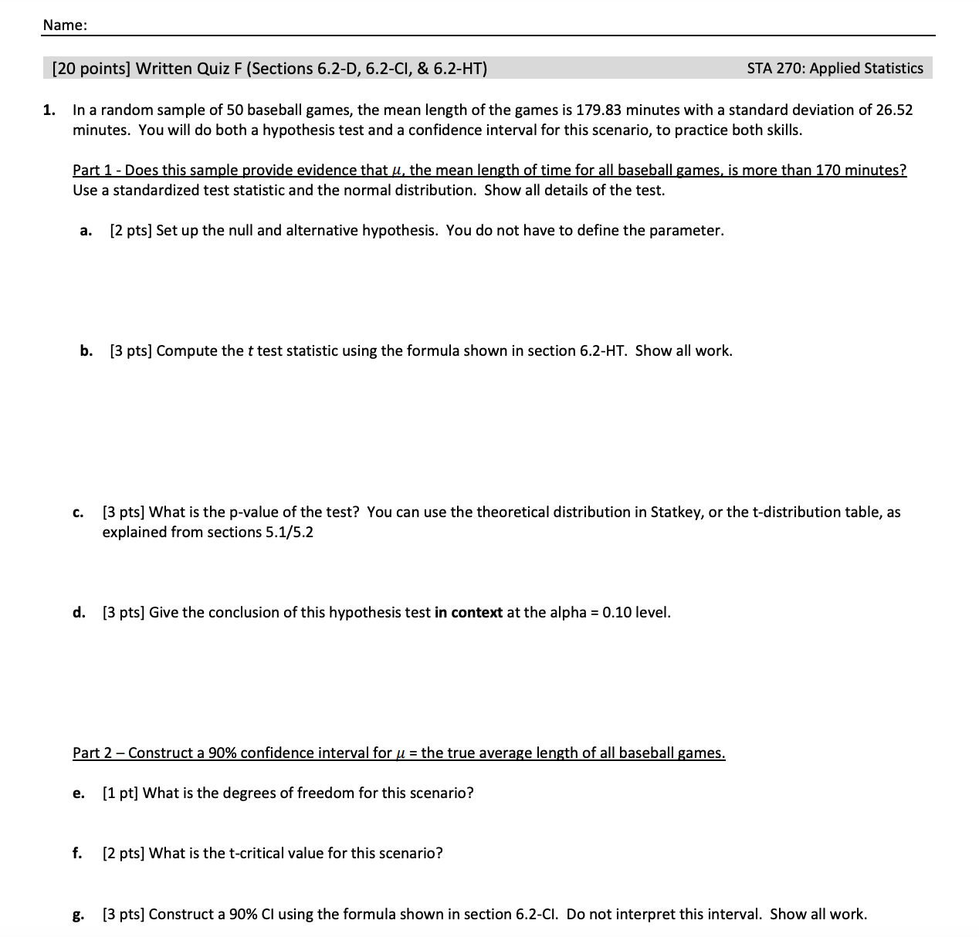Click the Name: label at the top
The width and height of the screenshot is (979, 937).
pyautogui.click(x=65, y=25)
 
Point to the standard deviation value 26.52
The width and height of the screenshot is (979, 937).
pyautogui.click(x=894, y=110)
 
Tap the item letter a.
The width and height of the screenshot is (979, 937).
pyautogui.click(x=86, y=231)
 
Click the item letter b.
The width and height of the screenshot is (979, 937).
pyautogui.click(x=86, y=351)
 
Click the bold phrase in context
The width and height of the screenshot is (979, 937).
pyautogui.click(x=469, y=613)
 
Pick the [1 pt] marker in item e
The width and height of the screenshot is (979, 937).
pyautogui.click(x=120, y=793)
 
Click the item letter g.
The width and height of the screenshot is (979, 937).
pyautogui.click(x=78, y=915)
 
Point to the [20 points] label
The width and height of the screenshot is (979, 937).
pyautogui.click(x=91, y=69)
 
